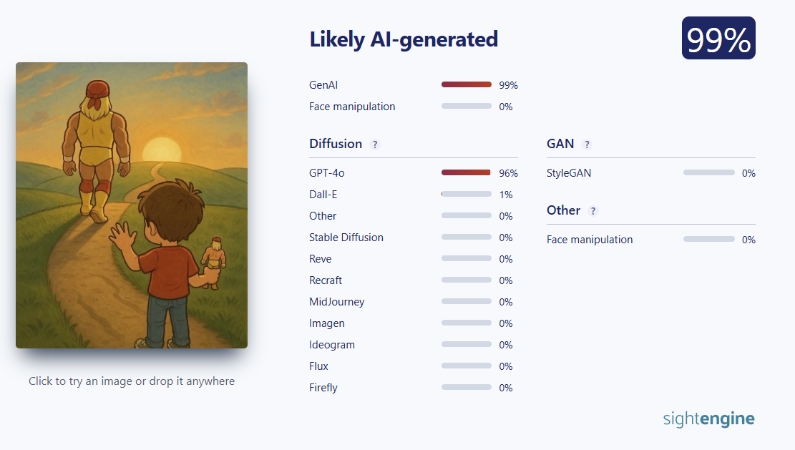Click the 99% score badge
[x=718, y=38]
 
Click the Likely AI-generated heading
[x=404, y=39]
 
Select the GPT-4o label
[x=327, y=173]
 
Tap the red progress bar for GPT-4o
[x=466, y=173]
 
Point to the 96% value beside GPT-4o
[x=509, y=173]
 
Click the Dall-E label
[x=323, y=195]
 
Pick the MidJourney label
[x=336, y=302]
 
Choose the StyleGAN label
[x=569, y=173]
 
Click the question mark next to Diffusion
[x=375, y=145]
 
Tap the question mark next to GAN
[x=587, y=145]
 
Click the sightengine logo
[x=709, y=419]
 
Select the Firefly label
[x=323, y=388]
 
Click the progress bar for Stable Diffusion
[x=467, y=238]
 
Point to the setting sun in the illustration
[x=162, y=150]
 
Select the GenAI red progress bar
[x=467, y=84]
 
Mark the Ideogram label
[x=332, y=345]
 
